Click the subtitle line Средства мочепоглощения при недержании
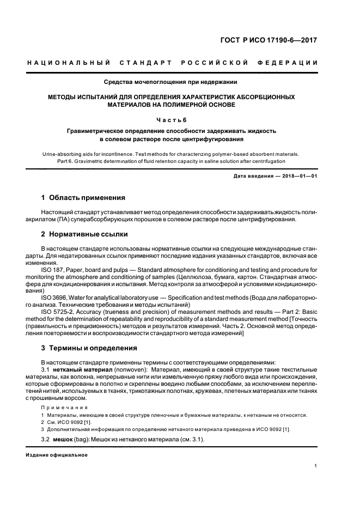[x=170, y=82]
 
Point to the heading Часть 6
[x=171, y=119]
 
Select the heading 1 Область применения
[x=83, y=197]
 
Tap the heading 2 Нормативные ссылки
[x=84, y=234]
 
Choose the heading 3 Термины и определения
[x=89, y=348]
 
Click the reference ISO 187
[x=53, y=270]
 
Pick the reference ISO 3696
[x=55, y=297]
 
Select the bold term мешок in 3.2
[x=63, y=440]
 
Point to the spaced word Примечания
[x=64, y=407]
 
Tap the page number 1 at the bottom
[x=316, y=466]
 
